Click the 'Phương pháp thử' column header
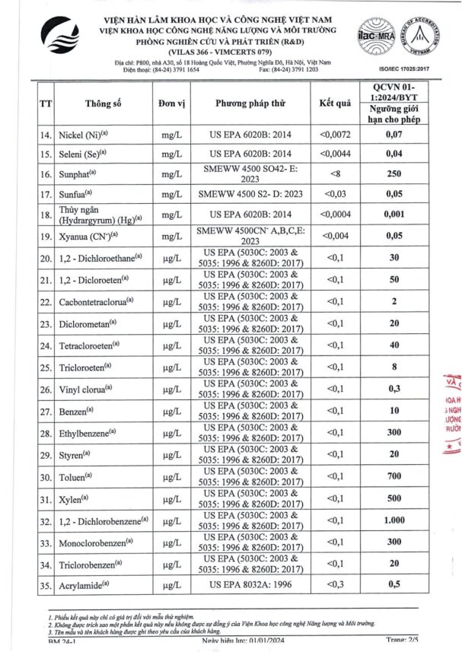tap(249, 103)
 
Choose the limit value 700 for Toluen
tap(394, 476)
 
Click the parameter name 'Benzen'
tap(78, 411)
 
